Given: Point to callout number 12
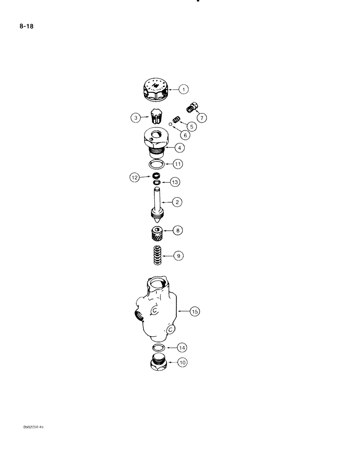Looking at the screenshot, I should [135, 178].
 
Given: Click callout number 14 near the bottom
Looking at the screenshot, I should [182, 347].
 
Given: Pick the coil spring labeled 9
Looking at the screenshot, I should [157, 255].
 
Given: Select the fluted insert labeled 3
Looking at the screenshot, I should [156, 115].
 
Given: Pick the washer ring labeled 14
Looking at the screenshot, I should [158, 348].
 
